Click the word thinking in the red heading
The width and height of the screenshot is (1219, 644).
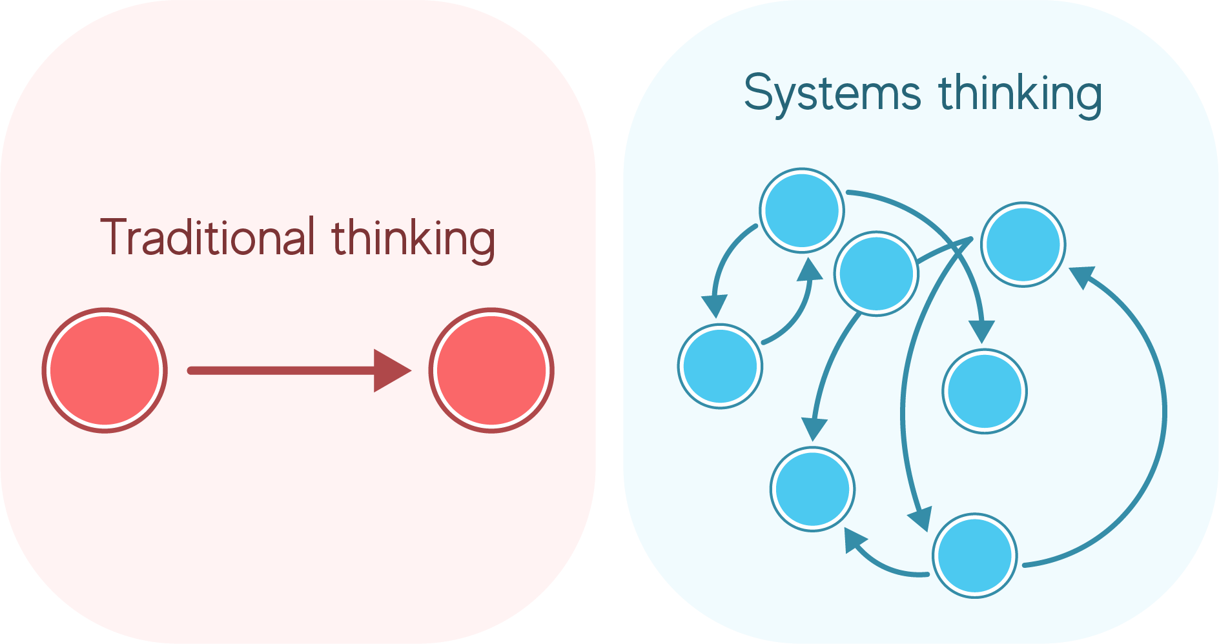(x=413, y=239)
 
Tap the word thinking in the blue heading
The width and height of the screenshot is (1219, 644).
(x=1020, y=94)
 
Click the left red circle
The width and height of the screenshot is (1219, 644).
(x=105, y=370)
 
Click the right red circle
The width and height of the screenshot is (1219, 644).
(x=491, y=370)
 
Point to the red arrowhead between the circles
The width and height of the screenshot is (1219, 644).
(x=390, y=370)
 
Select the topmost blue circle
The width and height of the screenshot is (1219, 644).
(x=801, y=210)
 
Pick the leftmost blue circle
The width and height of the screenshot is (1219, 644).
(x=720, y=366)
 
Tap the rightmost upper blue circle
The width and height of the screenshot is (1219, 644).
(x=1023, y=245)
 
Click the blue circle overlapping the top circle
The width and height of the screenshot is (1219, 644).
(x=877, y=274)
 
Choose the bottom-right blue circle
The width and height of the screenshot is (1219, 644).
(x=975, y=556)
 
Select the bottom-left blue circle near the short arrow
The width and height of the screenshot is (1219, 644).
(x=812, y=489)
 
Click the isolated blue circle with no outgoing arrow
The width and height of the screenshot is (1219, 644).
(x=985, y=391)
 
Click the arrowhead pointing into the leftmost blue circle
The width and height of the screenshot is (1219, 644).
(x=715, y=305)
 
